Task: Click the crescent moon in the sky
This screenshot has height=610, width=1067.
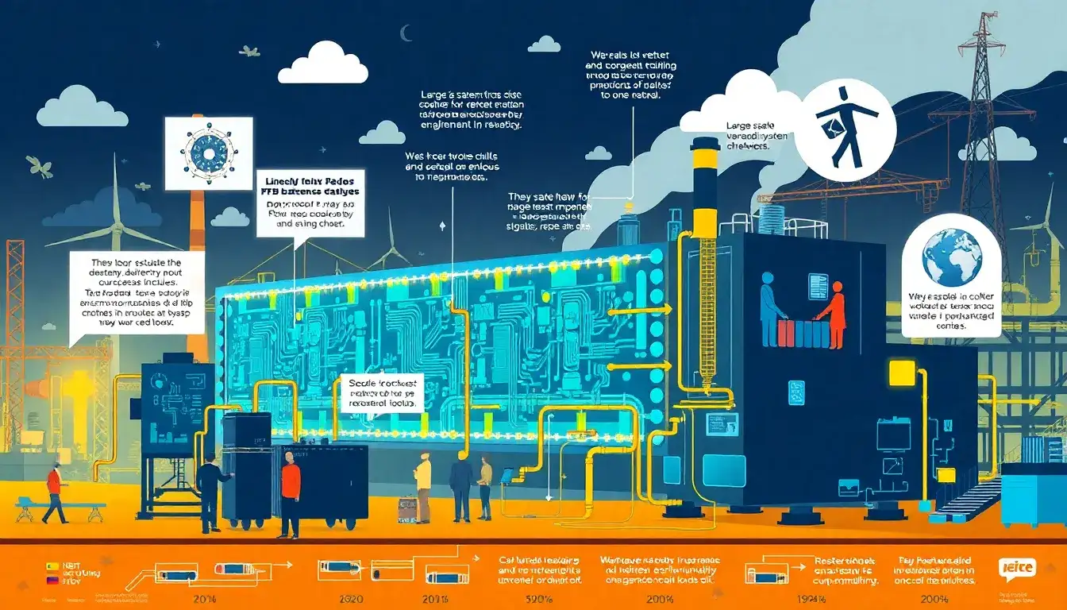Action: pos(406,33)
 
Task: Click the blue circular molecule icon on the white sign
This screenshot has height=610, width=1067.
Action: pos(209,152)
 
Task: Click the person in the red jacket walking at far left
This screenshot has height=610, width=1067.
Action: pos(54,492)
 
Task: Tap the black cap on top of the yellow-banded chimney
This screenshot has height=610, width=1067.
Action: pos(704,144)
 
